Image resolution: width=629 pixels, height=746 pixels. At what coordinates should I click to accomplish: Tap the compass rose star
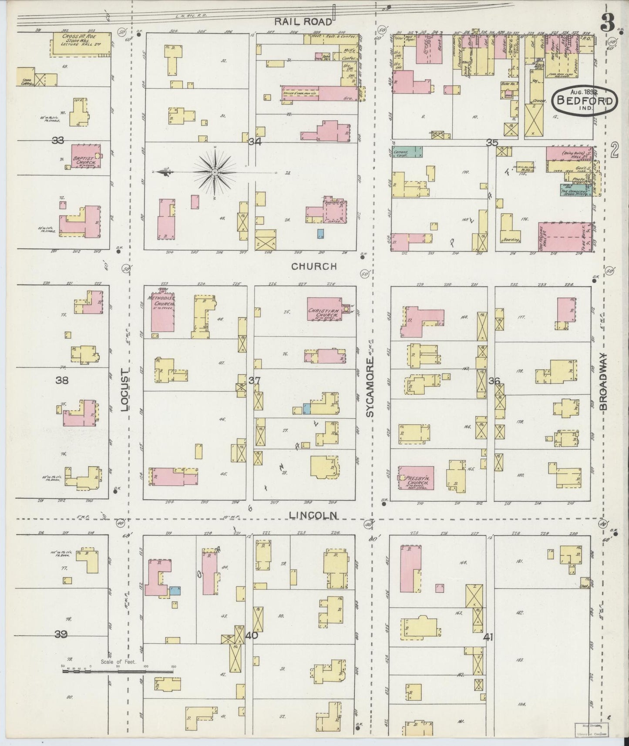pos(215,173)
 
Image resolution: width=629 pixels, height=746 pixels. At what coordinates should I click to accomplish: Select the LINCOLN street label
pos(313,515)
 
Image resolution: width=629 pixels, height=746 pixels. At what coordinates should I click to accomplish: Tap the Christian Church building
pos(324,309)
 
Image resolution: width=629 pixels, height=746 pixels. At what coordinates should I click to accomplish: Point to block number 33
pos(57,141)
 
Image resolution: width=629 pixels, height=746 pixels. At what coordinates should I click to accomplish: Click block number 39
pos(61,634)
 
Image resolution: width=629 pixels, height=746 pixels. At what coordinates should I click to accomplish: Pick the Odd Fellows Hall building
pos(563,237)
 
